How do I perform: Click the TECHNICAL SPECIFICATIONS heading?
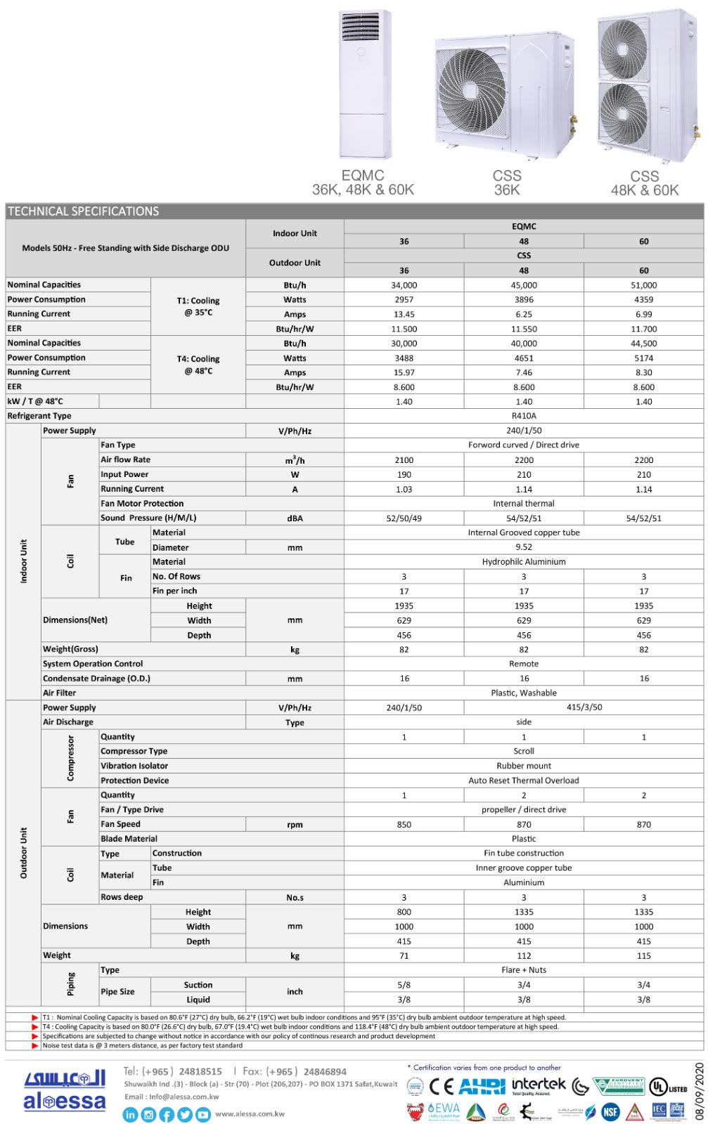[x=84, y=211]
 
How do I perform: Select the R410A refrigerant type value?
[x=524, y=416]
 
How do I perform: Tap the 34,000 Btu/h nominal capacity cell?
[x=404, y=285]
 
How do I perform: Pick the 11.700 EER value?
[x=643, y=329]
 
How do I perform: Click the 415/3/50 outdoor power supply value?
[x=584, y=707]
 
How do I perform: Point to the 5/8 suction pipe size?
[x=404, y=985]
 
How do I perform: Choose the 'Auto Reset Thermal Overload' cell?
[x=524, y=780]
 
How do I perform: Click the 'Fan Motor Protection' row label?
[x=142, y=504]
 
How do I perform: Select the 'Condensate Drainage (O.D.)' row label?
[x=96, y=679]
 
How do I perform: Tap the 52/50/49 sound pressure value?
[x=404, y=518]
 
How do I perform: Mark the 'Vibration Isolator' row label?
[x=134, y=766]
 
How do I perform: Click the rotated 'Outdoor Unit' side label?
[x=23, y=853]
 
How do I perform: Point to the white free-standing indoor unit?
[x=364, y=84]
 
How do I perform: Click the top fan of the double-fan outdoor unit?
[x=624, y=49]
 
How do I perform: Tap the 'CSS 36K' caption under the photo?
[x=507, y=183]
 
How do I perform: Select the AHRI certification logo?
[x=482, y=1087]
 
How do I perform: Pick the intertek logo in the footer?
[x=539, y=1085]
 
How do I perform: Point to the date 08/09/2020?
[x=699, y=1091]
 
